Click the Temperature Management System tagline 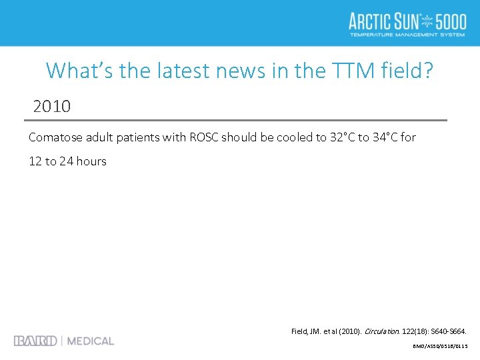407,35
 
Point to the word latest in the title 187,70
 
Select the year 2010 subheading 52,106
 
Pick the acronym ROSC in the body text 203,137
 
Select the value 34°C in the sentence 383,137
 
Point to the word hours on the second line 91,161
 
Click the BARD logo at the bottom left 35,341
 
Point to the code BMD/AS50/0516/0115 441,346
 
